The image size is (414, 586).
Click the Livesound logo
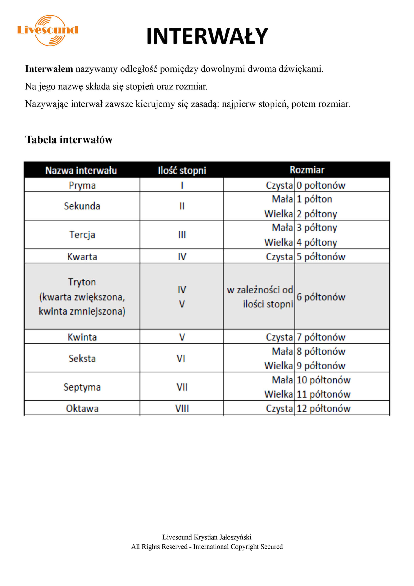click(48, 30)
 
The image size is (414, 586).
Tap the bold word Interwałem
click(49, 69)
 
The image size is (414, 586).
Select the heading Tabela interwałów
click(69, 140)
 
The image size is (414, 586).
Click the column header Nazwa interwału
click(81, 170)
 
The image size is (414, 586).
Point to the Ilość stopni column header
click(182, 170)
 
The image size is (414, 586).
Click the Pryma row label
click(82, 185)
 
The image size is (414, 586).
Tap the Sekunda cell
click(82, 206)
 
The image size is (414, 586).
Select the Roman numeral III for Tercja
click(182, 235)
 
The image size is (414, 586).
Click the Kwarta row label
click(82, 257)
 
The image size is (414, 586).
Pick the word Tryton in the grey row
click(82, 282)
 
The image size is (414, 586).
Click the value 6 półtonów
click(321, 297)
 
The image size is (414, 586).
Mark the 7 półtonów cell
click(321, 337)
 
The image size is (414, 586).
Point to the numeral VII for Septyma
click(182, 387)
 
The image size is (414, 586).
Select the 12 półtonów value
click(323, 409)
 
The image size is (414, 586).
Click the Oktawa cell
click(82, 409)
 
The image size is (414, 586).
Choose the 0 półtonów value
click(321, 185)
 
